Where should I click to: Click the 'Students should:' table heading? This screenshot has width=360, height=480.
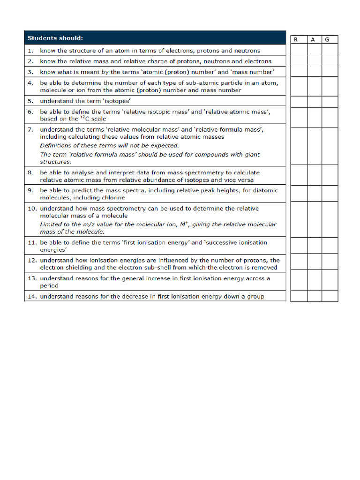[55, 38]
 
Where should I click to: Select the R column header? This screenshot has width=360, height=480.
[296, 39]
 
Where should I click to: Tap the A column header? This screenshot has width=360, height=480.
[312, 39]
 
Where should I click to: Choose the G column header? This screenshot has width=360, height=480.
[327, 39]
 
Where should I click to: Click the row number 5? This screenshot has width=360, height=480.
[30, 101]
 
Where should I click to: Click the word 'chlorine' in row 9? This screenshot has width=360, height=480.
[112, 198]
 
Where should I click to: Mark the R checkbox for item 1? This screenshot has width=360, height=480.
[299, 50]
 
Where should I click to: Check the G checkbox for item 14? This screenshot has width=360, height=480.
[329, 296]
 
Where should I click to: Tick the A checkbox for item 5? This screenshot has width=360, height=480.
[314, 101]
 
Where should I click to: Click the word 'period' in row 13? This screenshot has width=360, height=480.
[49, 285]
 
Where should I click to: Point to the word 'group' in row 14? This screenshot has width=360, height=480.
[255, 296]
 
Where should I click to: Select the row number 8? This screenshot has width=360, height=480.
[30, 172]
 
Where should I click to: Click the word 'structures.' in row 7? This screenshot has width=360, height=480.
[55, 162]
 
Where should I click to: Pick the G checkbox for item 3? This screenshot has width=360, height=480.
[329, 71]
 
